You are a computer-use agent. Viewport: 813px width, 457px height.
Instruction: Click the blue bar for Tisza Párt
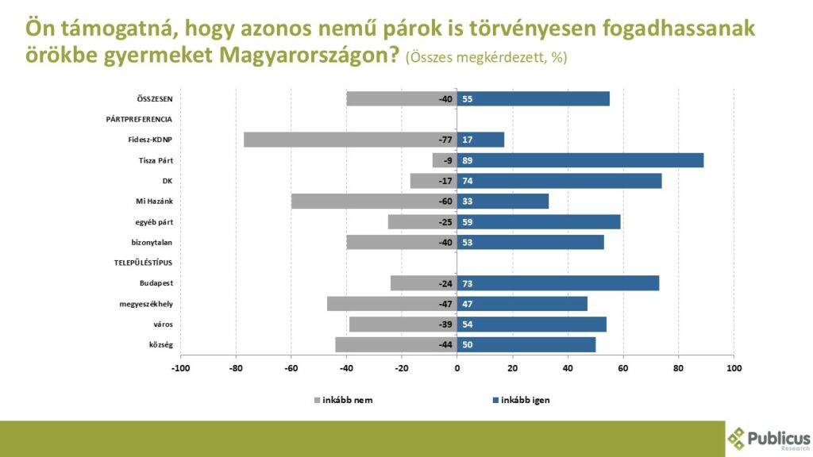coord(580,160)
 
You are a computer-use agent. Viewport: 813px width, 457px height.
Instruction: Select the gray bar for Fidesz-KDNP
coord(350,140)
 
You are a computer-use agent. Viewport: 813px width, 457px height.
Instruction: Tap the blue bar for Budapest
coord(558,283)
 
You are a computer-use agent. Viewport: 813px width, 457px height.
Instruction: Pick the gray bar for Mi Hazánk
coord(374,202)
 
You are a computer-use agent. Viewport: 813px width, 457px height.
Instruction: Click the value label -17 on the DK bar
coord(445,181)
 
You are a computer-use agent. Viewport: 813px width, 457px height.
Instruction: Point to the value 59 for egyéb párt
coord(468,222)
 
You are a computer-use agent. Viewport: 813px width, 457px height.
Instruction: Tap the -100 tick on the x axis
coord(180,368)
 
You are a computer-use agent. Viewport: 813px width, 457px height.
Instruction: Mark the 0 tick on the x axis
coord(457,368)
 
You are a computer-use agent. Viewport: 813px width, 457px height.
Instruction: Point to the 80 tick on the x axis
coord(679,368)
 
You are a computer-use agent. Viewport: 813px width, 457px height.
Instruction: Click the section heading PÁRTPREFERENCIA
coord(139,120)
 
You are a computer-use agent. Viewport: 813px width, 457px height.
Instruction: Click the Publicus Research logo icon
coord(737,438)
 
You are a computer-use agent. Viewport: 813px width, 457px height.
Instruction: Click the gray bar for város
coord(403,325)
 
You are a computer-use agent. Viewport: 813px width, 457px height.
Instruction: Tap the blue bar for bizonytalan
coord(530,242)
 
